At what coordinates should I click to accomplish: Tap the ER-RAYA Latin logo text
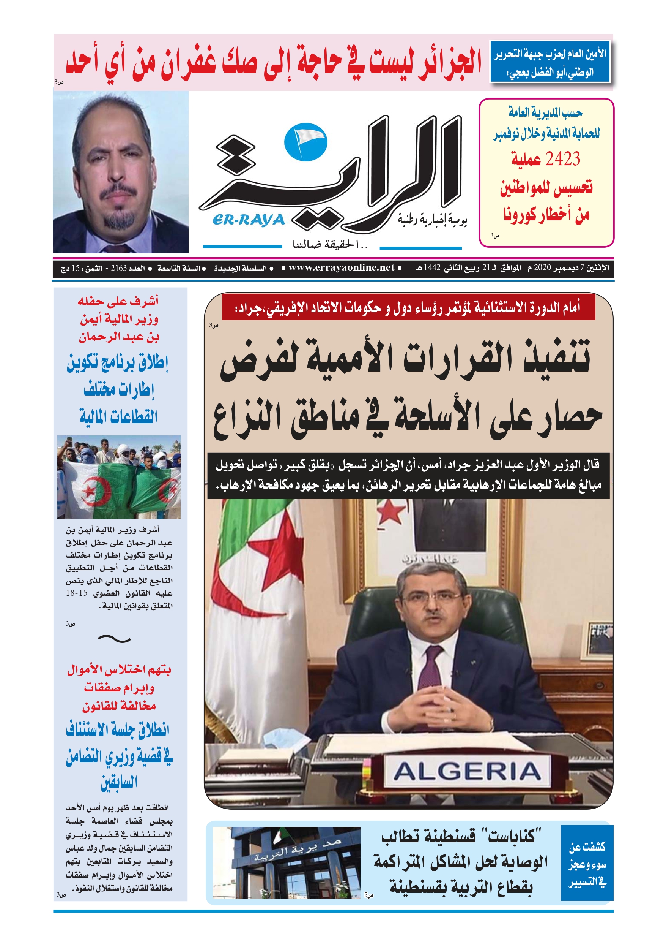248,220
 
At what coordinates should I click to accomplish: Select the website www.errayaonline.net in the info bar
341,268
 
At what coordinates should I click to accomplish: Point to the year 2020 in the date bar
542,268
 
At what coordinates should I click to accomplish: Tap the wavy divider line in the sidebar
115,639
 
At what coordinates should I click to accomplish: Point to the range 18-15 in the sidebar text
77,593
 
